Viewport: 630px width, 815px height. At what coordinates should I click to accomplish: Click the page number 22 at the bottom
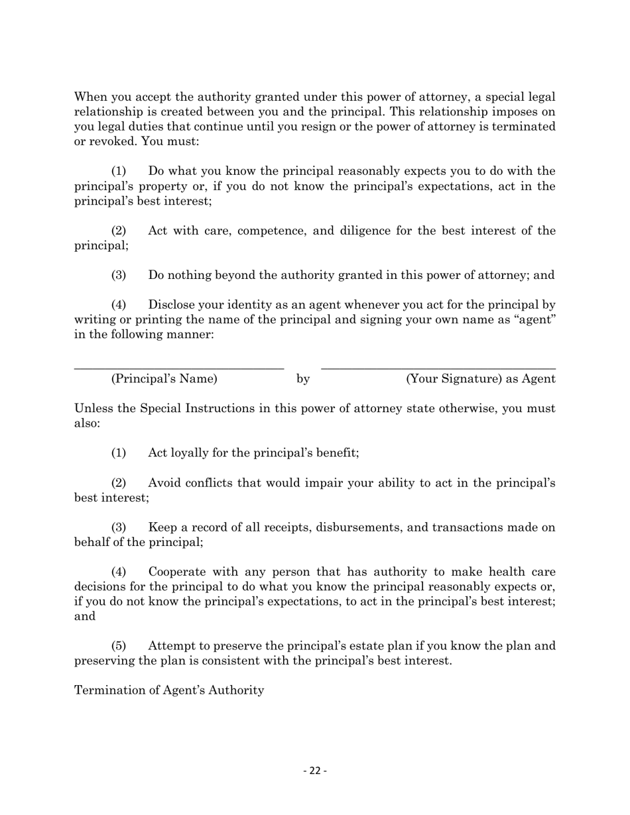[x=315, y=771]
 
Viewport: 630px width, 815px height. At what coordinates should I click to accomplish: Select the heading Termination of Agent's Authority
[x=169, y=690]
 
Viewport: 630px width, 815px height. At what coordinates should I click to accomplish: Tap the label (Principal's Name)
[x=164, y=379]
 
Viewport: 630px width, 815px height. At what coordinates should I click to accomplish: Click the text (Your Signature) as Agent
[x=480, y=379]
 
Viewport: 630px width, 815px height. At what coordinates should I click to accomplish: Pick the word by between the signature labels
[x=303, y=379]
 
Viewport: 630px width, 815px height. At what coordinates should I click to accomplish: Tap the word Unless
[x=93, y=409]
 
